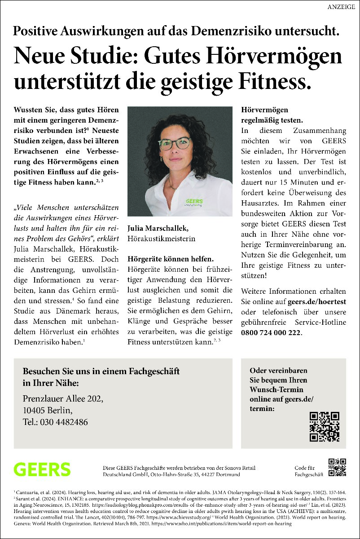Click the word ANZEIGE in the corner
click(x=341, y=6)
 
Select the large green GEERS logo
click(x=42, y=469)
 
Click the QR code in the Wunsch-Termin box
click(x=324, y=427)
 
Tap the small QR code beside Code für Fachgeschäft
click(x=338, y=467)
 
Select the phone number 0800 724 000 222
click(x=271, y=333)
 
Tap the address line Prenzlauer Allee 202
click(x=63, y=399)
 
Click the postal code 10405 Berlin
click(x=47, y=411)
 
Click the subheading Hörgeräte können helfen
click(x=171, y=259)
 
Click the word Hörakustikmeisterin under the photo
click(x=162, y=239)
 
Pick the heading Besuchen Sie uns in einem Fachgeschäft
click(x=101, y=371)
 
